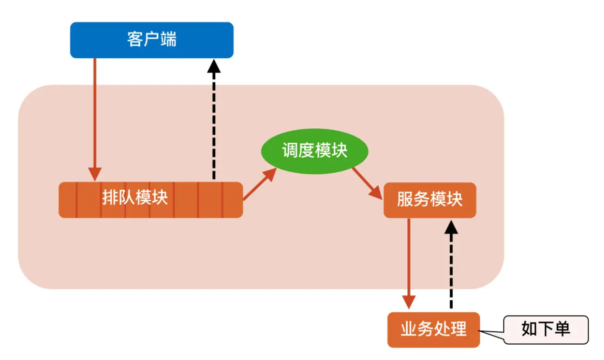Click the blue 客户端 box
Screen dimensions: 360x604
[151, 40]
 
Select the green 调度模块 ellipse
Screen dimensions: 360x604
[315, 151]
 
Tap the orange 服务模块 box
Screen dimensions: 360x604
[430, 200]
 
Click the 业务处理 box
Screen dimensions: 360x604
[433, 329]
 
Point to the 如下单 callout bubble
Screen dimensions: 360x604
[546, 329]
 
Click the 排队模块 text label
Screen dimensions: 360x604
[135, 197]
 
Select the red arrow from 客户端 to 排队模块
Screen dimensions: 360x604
[95, 119]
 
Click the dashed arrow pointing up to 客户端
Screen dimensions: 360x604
[214, 124]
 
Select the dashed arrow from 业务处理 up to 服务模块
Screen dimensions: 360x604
[451, 267]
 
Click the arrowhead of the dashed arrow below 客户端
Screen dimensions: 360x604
[214, 65]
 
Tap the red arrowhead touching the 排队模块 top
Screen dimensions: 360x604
[95, 174]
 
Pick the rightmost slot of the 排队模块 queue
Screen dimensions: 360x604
[233, 200]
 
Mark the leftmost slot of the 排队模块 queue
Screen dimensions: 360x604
[68, 200]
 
